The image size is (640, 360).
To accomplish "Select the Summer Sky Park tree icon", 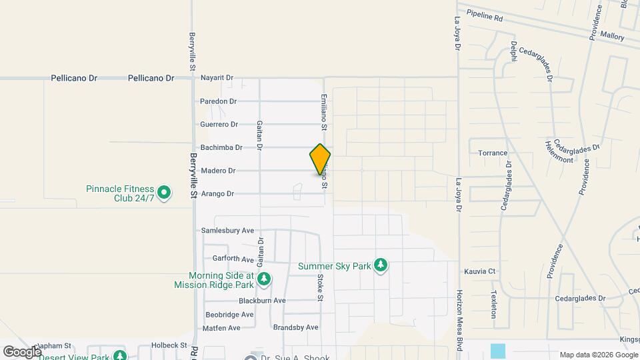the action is pyautogui.click(x=381, y=266).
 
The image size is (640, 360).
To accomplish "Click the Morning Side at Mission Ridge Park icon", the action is pyautogui.click(x=265, y=279).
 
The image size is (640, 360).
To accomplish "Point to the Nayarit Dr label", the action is pyautogui.click(x=217, y=78).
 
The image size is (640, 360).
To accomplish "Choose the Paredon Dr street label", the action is pyautogui.click(x=219, y=101).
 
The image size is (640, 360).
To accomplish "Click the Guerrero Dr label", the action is pyautogui.click(x=219, y=125).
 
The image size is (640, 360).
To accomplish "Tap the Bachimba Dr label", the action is pyautogui.click(x=221, y=147).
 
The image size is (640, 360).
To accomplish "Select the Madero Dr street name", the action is pyautogui.click(x=218, y=171).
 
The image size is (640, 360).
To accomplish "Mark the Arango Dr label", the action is pyautogui.click(x=218, y=194).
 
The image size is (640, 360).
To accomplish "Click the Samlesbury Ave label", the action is pyautogui.click(x=228, y=231).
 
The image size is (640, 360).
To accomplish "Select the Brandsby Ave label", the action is pyautogui.click(x=296, y=327).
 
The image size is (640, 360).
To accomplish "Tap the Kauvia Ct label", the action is pyautogui.click(x=480, y=271).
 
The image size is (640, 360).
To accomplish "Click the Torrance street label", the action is pyautogui.click(x=493, y=153).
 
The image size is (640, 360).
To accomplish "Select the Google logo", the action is pyautogui.click(x=21, y=351).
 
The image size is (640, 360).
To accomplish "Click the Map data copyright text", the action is pyautogui.click(x=597, y=355).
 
